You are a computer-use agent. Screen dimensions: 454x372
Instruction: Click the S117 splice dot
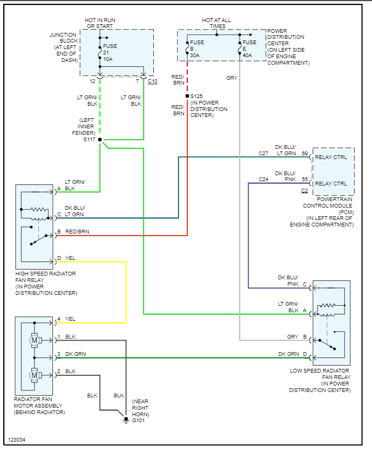[x=100, y=139]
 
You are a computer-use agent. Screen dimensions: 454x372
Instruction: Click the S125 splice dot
[x=187, y=95]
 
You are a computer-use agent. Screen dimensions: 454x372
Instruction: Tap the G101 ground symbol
[x=126, y=419]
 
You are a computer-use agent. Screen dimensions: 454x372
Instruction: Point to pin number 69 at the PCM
[x=305, y=154]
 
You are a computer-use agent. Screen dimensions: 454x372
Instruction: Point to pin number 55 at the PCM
[x=305, y=179]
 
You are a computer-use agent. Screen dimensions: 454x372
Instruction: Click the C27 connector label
[x=263, y=154]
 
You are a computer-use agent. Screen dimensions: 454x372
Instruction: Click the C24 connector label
[x=263, y=179]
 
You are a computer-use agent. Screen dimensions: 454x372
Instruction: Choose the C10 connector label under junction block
[x=153, y=81]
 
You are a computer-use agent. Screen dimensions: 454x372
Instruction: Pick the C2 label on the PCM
[x=305, y=191]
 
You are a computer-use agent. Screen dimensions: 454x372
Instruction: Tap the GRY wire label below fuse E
[x=232, y=78]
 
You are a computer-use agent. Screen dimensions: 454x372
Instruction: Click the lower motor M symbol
[x=35, y=375]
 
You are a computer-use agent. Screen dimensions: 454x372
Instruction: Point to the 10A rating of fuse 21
[x=109, y=59]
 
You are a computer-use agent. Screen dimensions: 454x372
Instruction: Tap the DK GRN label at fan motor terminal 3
[x=76, y=354]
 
